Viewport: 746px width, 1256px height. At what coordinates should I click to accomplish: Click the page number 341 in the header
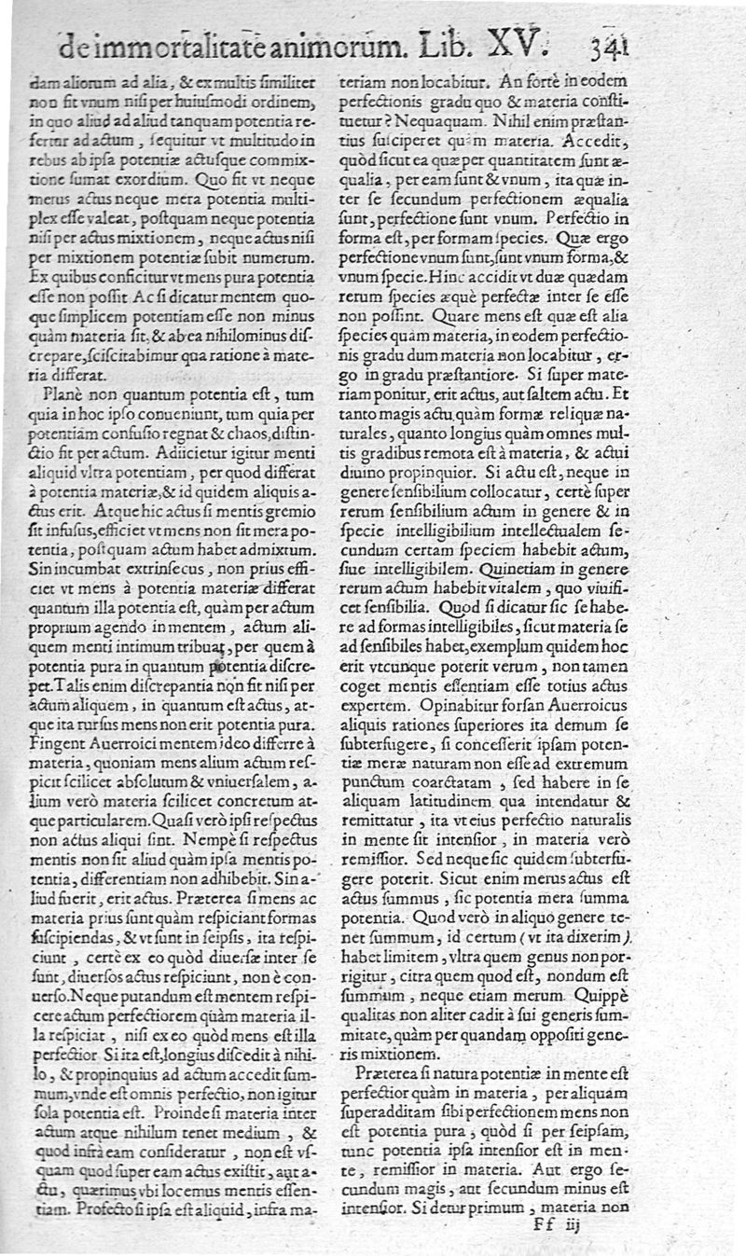613,44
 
